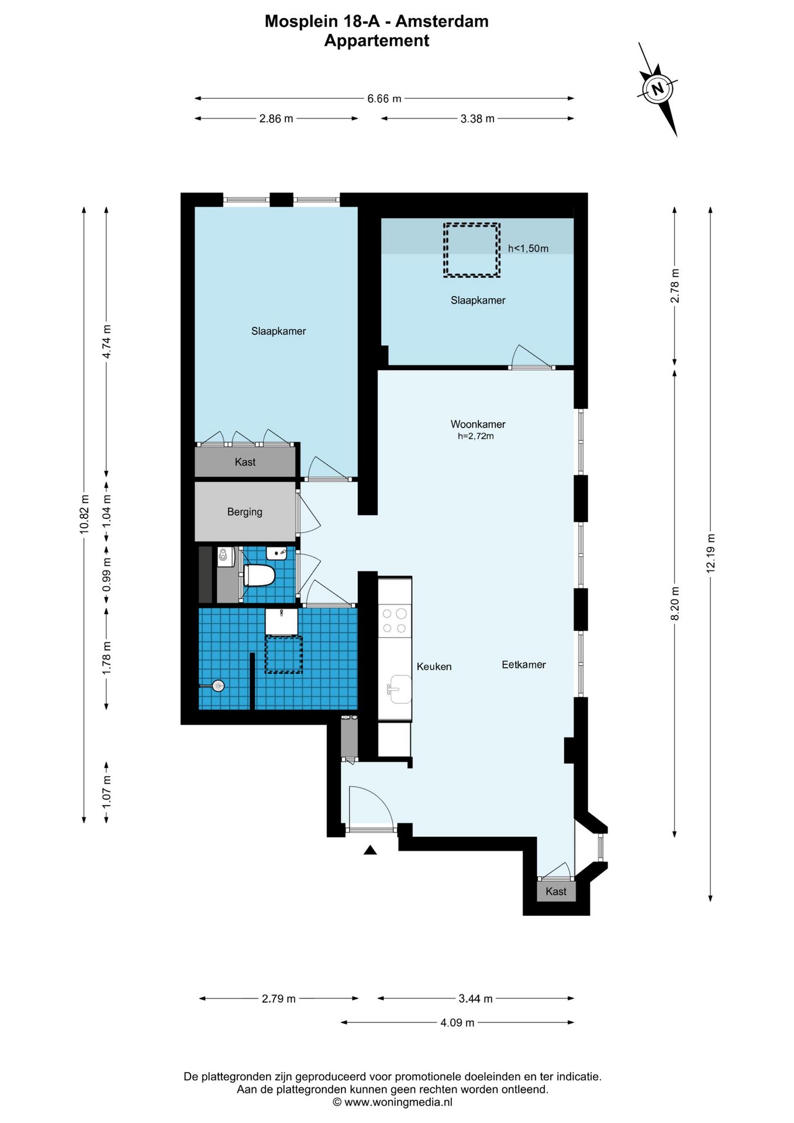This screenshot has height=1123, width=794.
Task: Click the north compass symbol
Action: tap(658, 89)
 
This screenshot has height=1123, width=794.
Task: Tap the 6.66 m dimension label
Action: tap(384, 99)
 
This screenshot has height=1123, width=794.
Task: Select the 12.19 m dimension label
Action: tap(711, 553)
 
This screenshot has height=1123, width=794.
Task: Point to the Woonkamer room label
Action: tap(478, 424)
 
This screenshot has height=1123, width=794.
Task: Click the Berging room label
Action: tap(244, 512)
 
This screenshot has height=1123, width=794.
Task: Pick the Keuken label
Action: tap(434, 666)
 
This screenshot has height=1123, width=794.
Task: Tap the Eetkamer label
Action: tap(524, 664)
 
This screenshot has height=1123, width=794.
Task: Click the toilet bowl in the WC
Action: tap(259, 575)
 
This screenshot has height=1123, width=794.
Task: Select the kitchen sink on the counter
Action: tap(399, 688)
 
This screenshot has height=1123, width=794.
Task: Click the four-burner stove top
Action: tap(395, 621)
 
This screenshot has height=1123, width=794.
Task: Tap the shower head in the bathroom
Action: tap(218, 686)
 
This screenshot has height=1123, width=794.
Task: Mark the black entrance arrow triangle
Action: tap(370, 850)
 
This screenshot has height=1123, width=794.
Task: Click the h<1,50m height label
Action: tap(528, 249)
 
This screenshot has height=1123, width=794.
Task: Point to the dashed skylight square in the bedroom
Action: tap(471, 250)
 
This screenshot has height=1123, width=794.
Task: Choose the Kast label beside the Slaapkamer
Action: tap(245, 462)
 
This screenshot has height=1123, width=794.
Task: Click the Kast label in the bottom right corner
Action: tap(556, 891)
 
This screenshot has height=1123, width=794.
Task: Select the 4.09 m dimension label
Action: tap(457, 1023)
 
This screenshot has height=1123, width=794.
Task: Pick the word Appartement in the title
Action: tap(377, 41)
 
